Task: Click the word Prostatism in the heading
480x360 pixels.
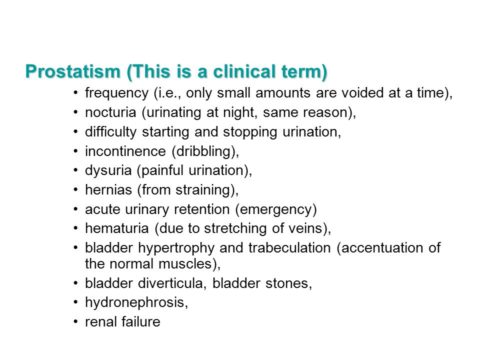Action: [x=70, y=73]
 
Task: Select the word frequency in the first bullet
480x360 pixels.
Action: [x=116, y=93]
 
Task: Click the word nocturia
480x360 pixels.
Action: [x=111, y=112]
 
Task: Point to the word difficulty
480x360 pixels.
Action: [x=112, y=132]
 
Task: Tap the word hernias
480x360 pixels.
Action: [x=109, y=189]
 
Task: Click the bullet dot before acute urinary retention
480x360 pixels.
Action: [x=76, y=209]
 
